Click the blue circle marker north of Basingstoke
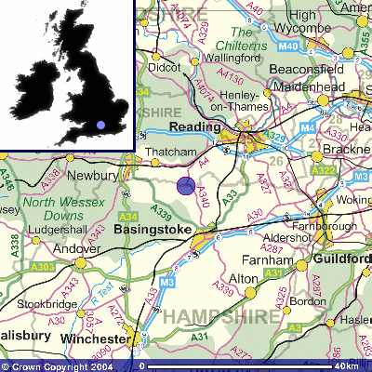[186, 186]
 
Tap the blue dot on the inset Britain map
[100, 124]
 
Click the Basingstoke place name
[152, 228]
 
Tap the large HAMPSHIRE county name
[221, 317]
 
